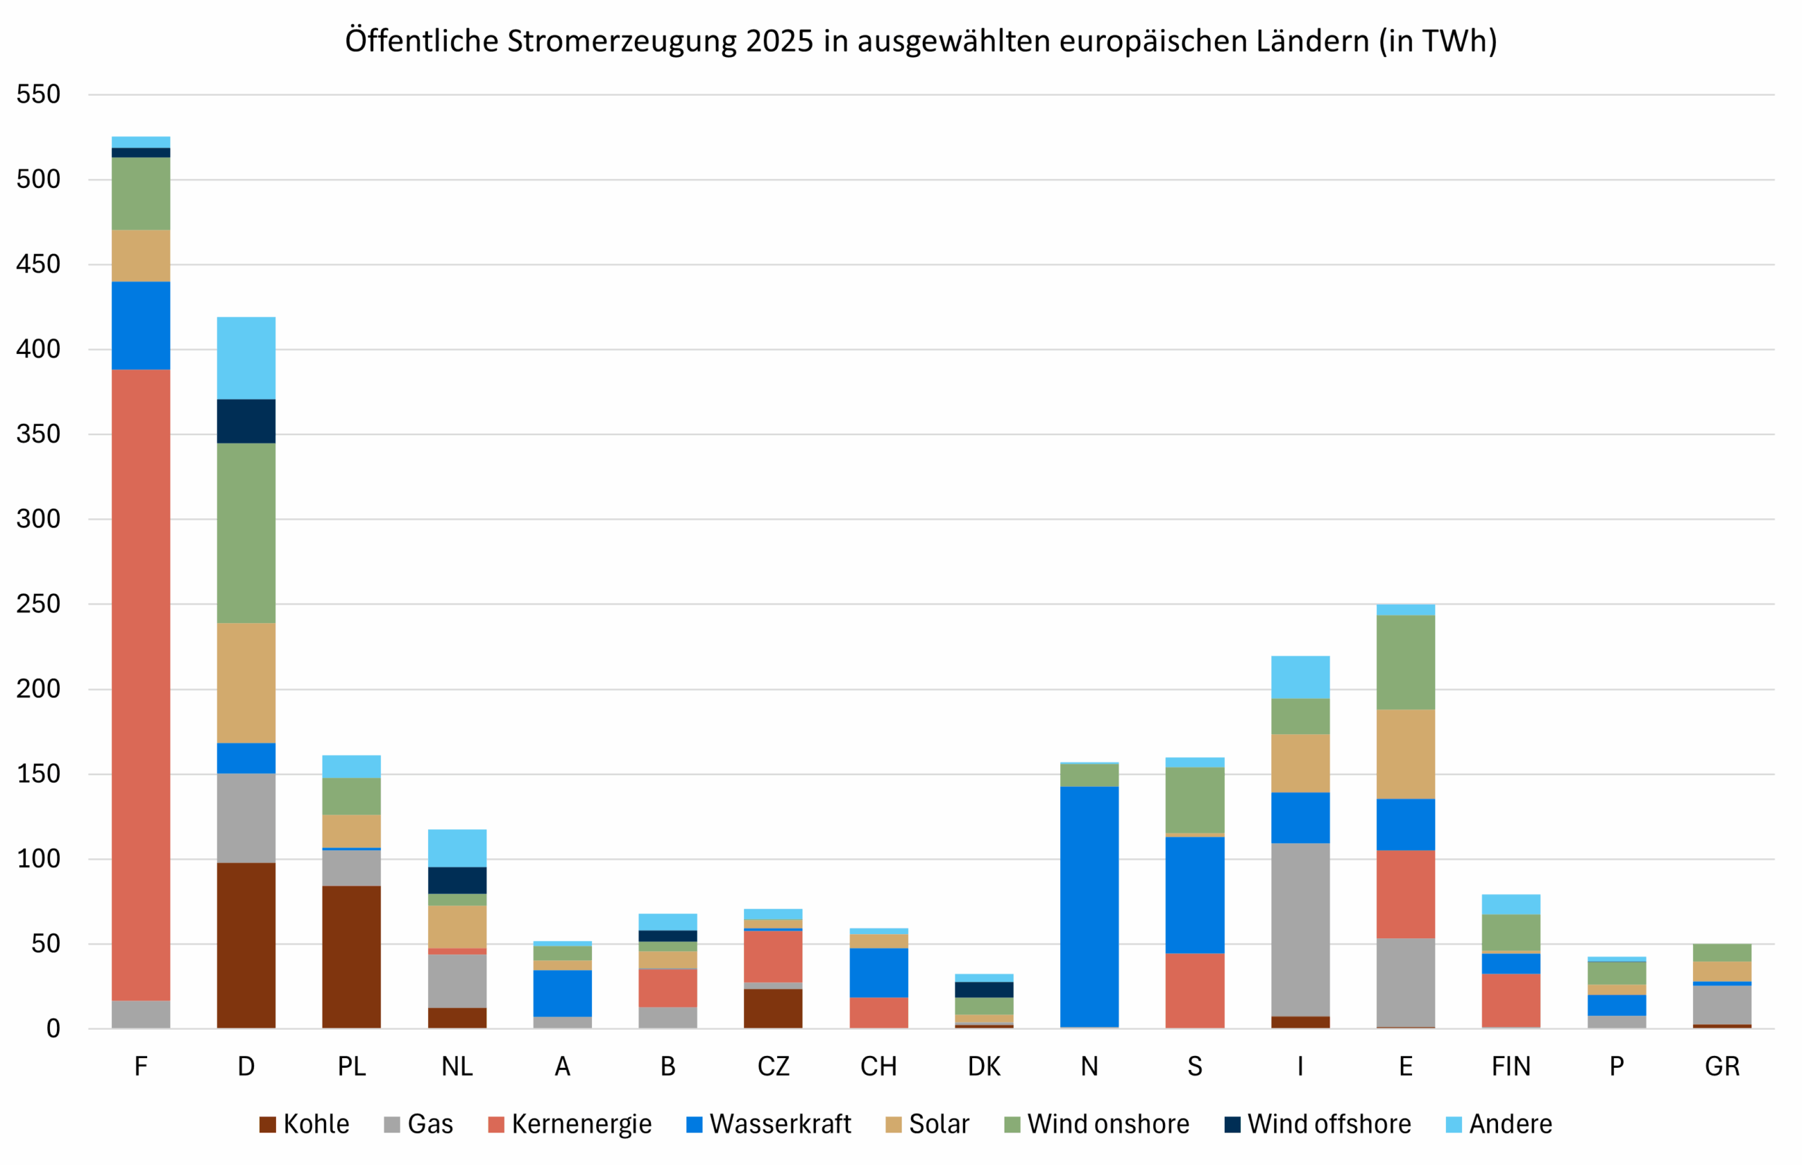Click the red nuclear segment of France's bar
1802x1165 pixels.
pyautogui.click(x=141, y=685)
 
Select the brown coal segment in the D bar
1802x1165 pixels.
pyautogui.click(x=246, y=945)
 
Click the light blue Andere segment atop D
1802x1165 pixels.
pyautogui.click(x=246, y=358)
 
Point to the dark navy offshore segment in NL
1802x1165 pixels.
pyautogui.click(x=457, y=880)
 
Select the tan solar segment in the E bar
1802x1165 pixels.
pyautogui.click(x=1405, y=754)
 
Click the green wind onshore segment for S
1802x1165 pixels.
pyautogui.click(x=1195, y=800)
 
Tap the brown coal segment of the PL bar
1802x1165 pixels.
pyautogui.click(x=351, y=956)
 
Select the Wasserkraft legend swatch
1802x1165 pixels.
pyautogui.click(x=694, y=1125)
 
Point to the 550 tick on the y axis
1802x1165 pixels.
pyautogui.click(x=38, y=94)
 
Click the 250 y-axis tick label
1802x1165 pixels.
pyautogui.click(x=38, y=604)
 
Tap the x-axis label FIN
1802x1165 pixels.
pyautogui.click(x=1510, y=1066)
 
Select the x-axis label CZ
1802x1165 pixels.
pyautogui.click(x=772, y=1066)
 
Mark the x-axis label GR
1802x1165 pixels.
pyautogui.click(x=1722, y=1066)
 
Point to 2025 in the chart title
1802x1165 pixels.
pyautogui.click(x=779, y=41)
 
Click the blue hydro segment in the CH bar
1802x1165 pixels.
pyautogui.click(x=878, y=972)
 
